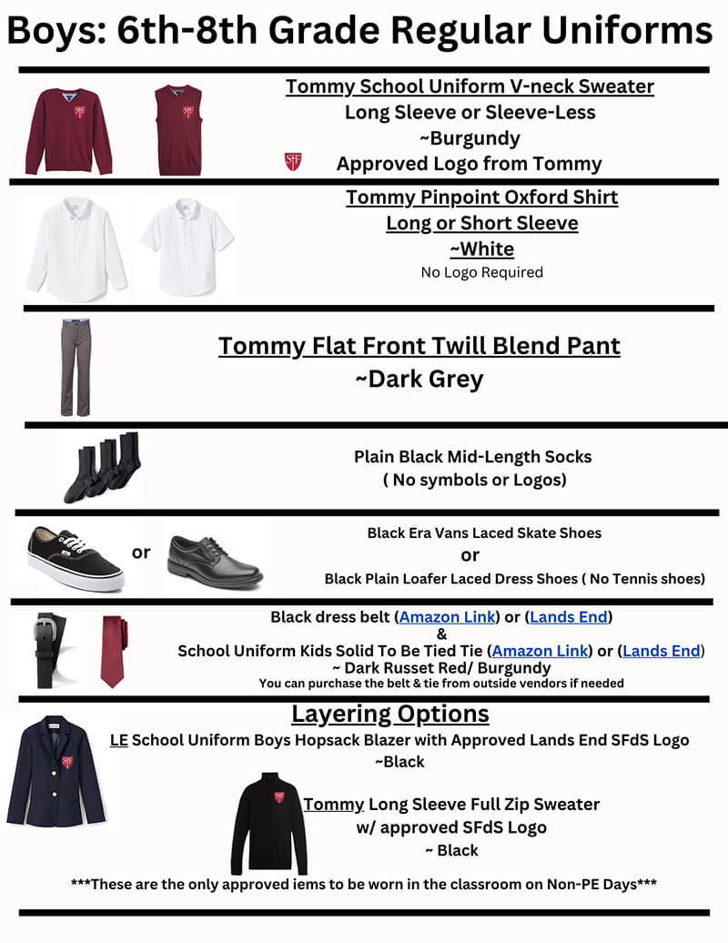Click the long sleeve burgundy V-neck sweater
[x=68, y=129]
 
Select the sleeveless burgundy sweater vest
[x=178, y=129]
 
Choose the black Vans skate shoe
[x=76, y=556]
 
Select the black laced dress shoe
[x=215, y=558]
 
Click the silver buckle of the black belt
[x=44, y=628]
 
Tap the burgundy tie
[x=112, y=647]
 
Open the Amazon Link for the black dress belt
[x=448, y=617]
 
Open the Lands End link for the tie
[x=661, y=651]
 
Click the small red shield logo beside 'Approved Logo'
[x=293, y=163]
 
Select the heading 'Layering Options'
[x=389, y=713]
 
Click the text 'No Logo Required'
[x=481, y=272]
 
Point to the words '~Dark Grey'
[x=419, y=379]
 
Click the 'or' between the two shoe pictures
[x=141, y=553]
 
